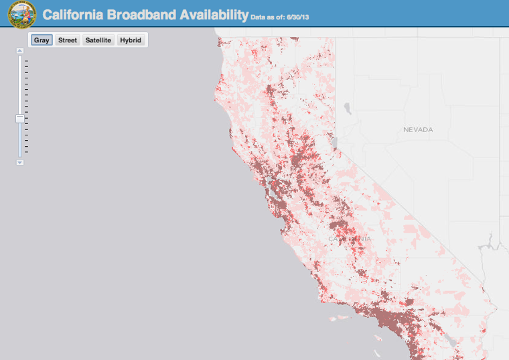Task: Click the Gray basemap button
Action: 42,40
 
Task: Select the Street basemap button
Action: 67,40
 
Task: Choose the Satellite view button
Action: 98,40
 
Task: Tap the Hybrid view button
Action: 131,40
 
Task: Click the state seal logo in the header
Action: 22,14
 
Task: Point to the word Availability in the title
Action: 211,14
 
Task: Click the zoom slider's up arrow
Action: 20,50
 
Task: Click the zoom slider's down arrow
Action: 20,162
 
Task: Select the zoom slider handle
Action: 20,119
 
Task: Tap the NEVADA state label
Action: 418,129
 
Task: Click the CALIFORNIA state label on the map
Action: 349,239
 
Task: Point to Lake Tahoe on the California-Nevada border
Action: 333,143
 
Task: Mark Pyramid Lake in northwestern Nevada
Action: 347,107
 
